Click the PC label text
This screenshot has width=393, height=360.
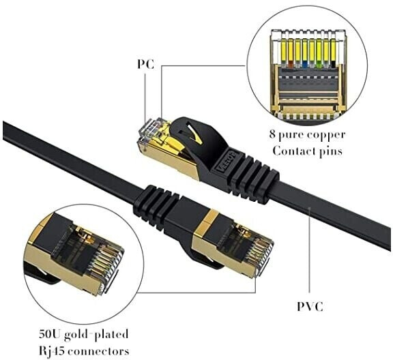(145, 64)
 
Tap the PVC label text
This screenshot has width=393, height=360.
(310, 306)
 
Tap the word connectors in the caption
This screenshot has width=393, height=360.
(99, 351)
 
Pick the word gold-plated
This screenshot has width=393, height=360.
(96, 335)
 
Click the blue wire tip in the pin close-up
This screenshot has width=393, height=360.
(305, 65)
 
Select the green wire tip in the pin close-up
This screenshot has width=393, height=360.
(319, 65)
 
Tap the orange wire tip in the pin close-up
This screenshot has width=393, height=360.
(291, 65)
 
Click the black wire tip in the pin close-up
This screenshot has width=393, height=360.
(334, 65)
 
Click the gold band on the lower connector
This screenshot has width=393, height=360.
(207, 220)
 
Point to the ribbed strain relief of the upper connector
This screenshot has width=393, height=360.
(253, 179)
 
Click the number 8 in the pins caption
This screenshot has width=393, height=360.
(272, 134)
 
